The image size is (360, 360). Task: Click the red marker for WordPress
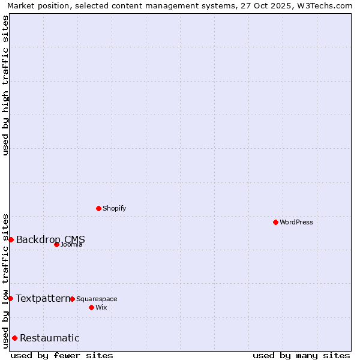tap(275, 222)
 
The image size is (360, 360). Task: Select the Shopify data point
tap(98, 208)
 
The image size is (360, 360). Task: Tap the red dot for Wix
tap(91, 307)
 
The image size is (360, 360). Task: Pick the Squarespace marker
tap(72, 299)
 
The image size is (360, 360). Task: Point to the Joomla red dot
tap(56, 244)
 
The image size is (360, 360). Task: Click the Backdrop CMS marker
tap(11, 239)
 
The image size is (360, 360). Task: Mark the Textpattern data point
tap(10, 298)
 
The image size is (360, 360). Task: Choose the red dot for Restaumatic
tap(14, 338)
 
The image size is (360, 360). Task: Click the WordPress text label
tap(296, 223)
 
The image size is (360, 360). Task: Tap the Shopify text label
tap(115, 209)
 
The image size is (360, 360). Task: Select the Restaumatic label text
tap(50, 338)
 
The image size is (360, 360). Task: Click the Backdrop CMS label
tap(50, 240)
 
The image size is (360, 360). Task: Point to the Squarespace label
tap(97, 299)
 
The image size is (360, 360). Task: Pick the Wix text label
tap(101, 308)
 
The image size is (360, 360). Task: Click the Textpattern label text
tap(43, 299)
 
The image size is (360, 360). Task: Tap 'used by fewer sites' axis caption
tap(62, 356)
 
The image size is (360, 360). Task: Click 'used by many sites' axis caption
tap(301, 356)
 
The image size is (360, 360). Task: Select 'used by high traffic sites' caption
tap(6, 85)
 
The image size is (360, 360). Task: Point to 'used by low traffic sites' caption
tap(6, 281)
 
